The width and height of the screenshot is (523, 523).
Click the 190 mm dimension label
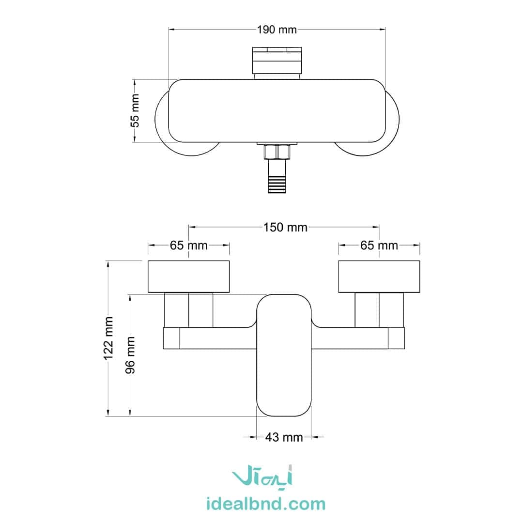(x=277, y=30)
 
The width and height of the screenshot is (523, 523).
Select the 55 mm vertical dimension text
(x=135, y=110)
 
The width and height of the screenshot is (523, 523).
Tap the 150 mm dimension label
(x=285, y=227)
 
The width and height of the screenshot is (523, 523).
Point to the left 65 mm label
(x=188, y=246)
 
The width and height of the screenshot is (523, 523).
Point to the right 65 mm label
(x=379, y=246)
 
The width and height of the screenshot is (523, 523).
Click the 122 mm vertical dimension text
(x=108, y=338)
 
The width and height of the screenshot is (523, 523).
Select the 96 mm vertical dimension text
(x=130, y=355)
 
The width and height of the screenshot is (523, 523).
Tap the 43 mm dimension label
(x=284, y=437)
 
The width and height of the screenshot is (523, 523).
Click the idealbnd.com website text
(x=266, y=503)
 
